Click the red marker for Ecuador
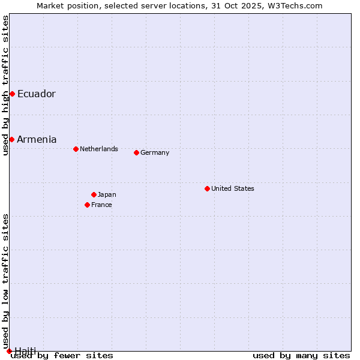[x=12, y=94]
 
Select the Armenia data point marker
[x=11, y=139]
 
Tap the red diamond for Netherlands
[x=76, y=149]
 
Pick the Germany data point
[x=136, y=152]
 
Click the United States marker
[x=207, y=188]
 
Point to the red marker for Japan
[x=94, y=194]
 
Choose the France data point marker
[x=87, y=205]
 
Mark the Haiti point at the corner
[x=9, y=351]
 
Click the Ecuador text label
[x=36, y=94]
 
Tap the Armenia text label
[x=37, y=139]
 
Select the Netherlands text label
[x=99, y=149]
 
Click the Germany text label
[x=155, y=152]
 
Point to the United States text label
[x=233, y=188]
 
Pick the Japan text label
[x=107, y=194]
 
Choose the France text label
[x=101, y=205]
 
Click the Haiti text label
[x=25, y=350]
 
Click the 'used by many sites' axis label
[x=301, y=355]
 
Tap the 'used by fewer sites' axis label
[x=62, y=355]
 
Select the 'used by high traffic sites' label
[x=5, y=86]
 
